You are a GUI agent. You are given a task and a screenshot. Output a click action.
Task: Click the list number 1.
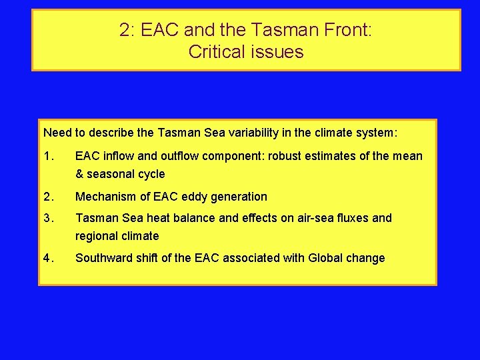coord(47,156)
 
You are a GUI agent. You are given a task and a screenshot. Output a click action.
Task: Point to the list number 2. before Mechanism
coord(47,197)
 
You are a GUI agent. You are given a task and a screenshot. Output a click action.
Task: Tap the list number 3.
coord(47,218)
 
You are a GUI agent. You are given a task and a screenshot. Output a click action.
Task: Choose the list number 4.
coord(47,258)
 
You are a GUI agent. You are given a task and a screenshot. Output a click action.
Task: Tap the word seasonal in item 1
coord(111,174)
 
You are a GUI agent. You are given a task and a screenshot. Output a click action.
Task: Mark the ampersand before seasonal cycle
coord(80,174)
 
